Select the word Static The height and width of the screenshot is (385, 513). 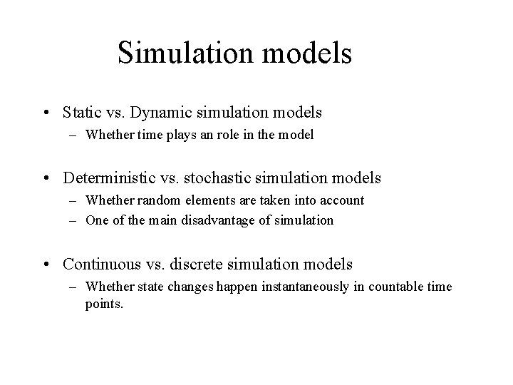pyautogui.click(x=81, y=113)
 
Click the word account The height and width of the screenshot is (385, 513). pyautogui.click(x=343, y=201)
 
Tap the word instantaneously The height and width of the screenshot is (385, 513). pyautogui.click(x=280, y=287)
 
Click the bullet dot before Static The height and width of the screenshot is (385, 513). pyautogui.click(x=46, y=113)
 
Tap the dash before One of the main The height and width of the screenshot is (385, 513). pyautogui.click(x=74, y=220)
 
